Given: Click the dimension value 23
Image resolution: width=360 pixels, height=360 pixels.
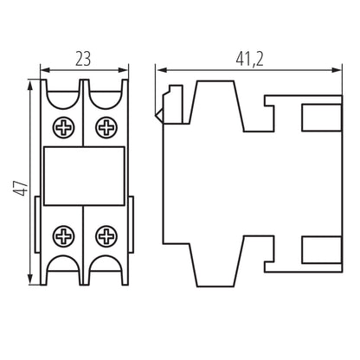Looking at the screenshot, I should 83,59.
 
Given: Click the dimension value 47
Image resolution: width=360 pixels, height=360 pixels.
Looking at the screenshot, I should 17,185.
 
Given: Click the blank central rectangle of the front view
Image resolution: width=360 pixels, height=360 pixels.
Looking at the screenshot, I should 84,177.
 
